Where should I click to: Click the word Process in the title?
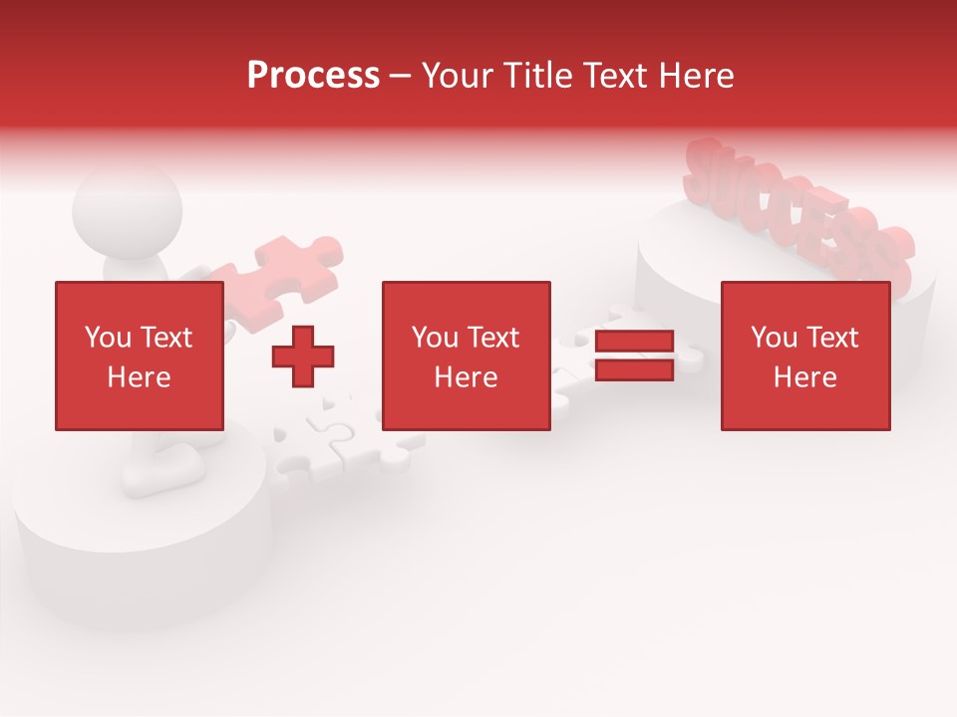pos(313,76)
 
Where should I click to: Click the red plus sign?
pos(303,357)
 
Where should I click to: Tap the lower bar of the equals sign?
pos(634,370)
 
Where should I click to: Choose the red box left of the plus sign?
pos(139,357)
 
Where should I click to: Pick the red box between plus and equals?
pos(466,357)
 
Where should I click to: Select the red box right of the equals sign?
pos(804,357)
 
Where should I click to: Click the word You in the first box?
pos(107,338)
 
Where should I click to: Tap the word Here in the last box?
pos(804,377)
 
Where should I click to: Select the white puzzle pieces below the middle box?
pos(339,448)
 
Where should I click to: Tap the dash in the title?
pos(400,77)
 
